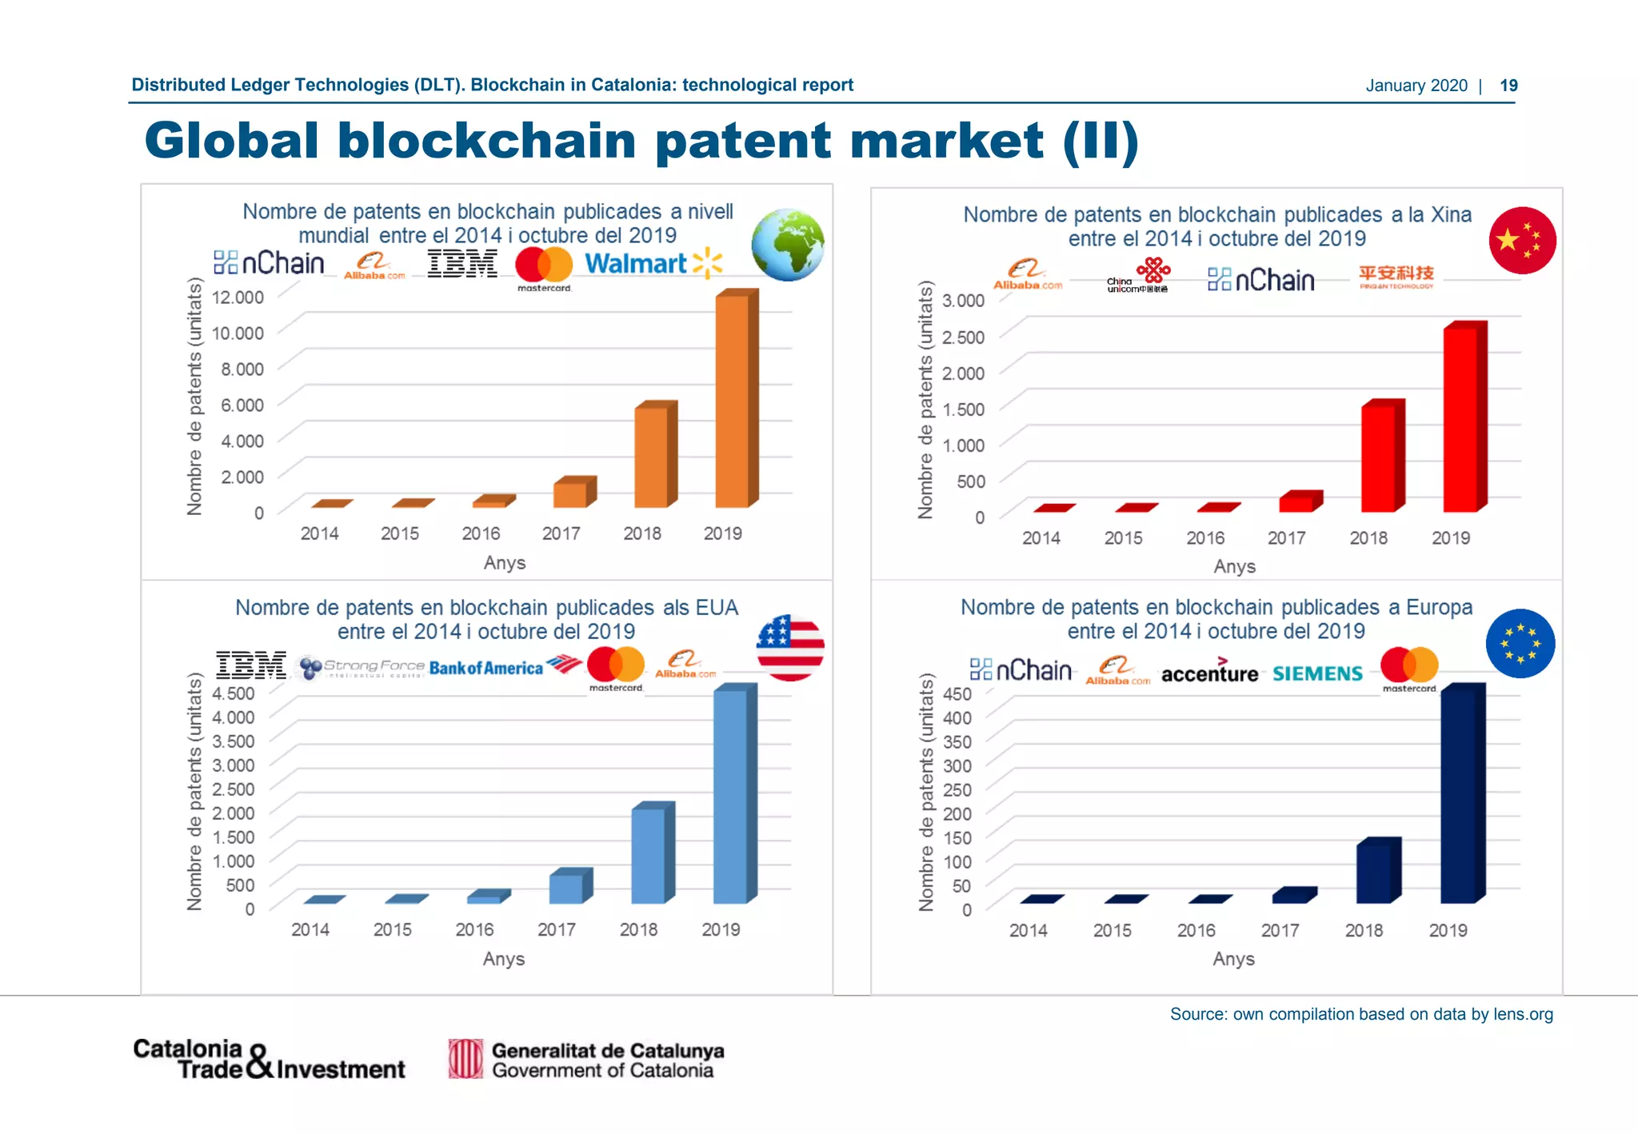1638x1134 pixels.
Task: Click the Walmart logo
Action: tap(653, 263)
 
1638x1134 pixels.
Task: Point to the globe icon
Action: tap(788, 245)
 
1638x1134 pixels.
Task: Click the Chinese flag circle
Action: tap(1522, 240)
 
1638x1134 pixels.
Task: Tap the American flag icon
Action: tap(790, 648)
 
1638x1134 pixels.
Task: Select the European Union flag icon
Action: tap(1520, 644)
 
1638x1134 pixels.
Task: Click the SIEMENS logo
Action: tap(1317, 673)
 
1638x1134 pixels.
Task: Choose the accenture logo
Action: tap(1209, 673)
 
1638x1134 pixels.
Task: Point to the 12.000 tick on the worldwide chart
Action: tap(238, 297)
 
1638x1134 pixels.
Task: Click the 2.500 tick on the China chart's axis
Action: tap(963, 337)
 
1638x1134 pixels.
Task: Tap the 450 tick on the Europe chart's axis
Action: tap(957, 693)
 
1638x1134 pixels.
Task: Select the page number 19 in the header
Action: tap(1508, 86)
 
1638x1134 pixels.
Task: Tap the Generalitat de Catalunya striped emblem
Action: tap(465, 1059)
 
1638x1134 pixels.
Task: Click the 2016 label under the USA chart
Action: tap(474, 930)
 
